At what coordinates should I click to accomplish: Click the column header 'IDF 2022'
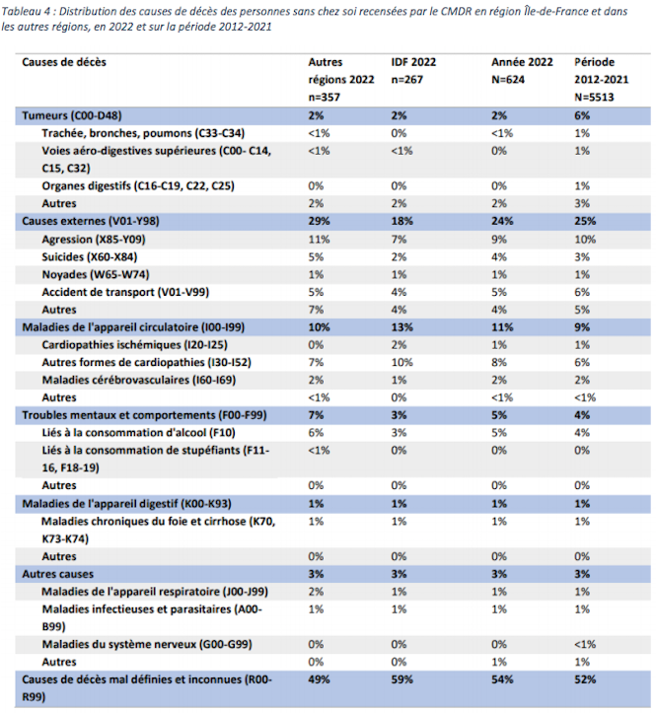[413, 62]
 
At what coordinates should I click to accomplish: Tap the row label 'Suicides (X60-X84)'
[89, 257]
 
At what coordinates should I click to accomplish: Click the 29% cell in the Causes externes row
[319, 222]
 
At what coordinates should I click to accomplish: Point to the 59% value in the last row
[402, 679]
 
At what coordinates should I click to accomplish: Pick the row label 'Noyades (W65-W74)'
[96, 275]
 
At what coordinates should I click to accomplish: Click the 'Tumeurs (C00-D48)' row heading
[72, 115]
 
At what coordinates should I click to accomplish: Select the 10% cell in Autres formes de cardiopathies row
[402, 362]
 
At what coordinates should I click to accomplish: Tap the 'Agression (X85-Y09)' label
[94, 240]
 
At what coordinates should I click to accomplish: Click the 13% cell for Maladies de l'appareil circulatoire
[402, 327]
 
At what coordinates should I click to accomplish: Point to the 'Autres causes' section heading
[58, 574]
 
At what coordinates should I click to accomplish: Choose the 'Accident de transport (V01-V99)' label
[125, 292]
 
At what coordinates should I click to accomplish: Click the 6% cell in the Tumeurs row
[582, 115]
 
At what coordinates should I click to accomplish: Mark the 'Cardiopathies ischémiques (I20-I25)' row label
[135, 345]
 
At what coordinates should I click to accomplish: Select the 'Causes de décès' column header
[64, 62]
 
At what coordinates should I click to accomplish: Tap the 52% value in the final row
[585, 679]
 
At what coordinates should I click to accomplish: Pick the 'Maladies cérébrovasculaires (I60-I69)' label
[139, 380]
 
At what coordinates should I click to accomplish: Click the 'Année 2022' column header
[522, 62]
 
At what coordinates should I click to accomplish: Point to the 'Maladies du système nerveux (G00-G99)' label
[147, 644]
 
